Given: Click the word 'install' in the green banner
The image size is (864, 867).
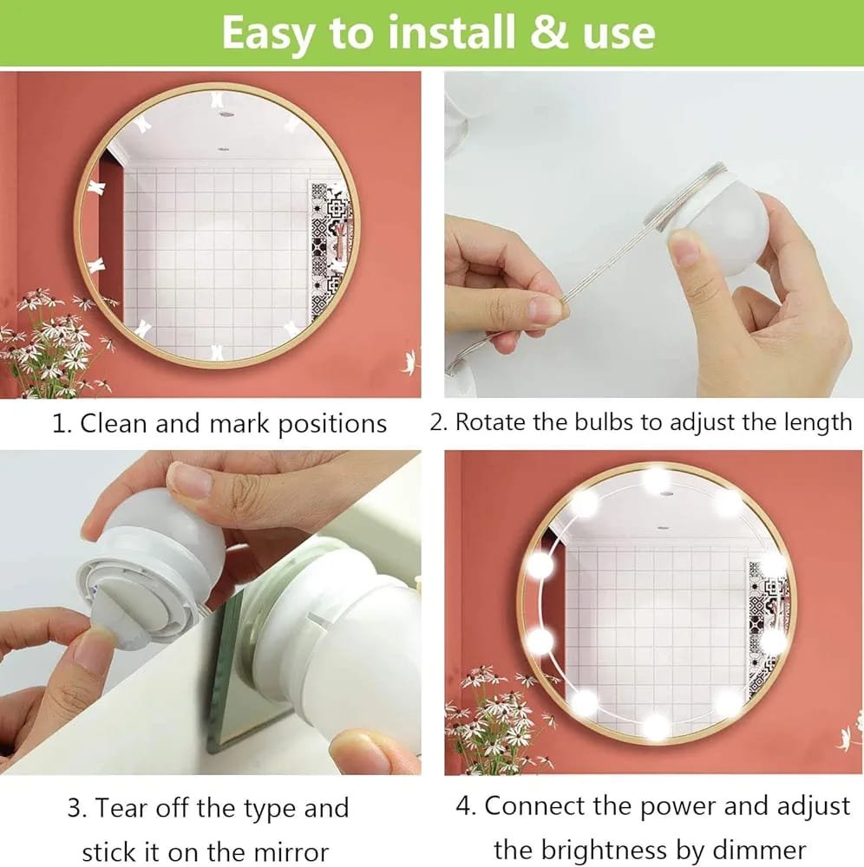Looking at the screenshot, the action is click(x=451, y=32).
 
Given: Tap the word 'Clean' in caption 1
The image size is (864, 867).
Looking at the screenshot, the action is click(x=114, y=424).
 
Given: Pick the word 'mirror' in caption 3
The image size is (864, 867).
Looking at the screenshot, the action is click(x=291, y=851).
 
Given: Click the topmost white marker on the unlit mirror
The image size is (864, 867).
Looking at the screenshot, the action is click(x=217, y=100).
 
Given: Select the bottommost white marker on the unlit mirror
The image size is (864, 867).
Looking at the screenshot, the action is click(x=218, y=352).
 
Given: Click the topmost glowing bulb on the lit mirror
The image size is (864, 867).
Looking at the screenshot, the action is click(x=657, y=479).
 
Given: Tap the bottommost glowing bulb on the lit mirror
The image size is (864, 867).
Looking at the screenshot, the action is click(x=657, y=726).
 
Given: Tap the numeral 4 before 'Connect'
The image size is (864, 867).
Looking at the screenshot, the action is click(x=466, y=806).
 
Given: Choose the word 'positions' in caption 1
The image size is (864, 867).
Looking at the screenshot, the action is click(x=332, y=425).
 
